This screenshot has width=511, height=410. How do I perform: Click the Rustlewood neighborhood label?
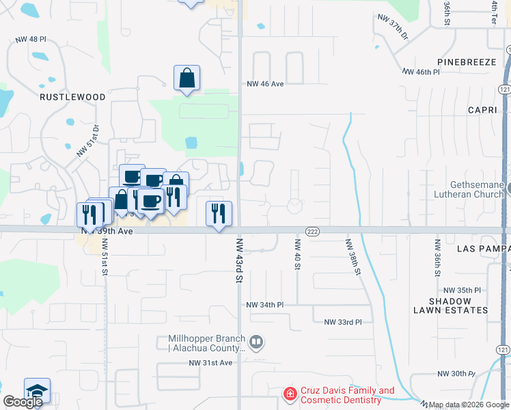[72, 97]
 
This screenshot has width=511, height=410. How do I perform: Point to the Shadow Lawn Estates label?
[450, 305]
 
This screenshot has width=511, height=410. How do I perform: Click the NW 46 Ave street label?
[265, 83]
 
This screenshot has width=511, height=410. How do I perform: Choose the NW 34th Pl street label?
[264, 304]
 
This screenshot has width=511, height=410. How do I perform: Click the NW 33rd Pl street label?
[342, 322]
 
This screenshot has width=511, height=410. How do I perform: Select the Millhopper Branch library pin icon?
[256, 340]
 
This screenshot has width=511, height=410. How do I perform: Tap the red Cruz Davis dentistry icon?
[290, 394]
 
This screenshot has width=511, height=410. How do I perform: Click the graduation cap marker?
[37, 390]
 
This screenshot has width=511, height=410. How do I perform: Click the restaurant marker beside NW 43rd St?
[219, 213]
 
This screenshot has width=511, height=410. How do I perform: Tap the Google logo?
[23, 402]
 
